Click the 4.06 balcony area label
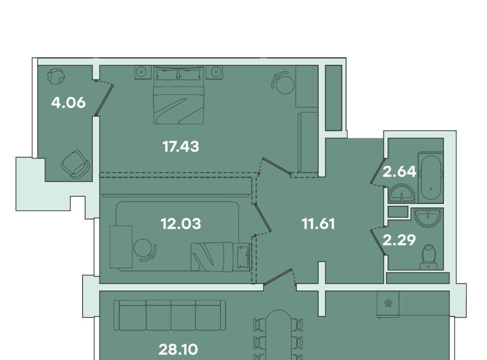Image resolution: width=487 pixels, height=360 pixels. pyautogui.click(x=68, y=103)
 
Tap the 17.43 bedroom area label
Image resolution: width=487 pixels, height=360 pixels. pyautogui.click(x=181, y=147)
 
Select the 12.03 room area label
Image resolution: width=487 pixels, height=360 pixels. pyautogui.click(x=181, y=224)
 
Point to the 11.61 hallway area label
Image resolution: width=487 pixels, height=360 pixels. pyautogui.click(x=319, y=224)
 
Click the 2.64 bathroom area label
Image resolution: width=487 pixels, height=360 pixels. pyautogui.click(x=399, y=171)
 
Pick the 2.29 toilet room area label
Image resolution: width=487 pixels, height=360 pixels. pyautogui.click(x=399, y=240)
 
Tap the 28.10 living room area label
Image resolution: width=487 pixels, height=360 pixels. pyautogui.click(x=178, y=350)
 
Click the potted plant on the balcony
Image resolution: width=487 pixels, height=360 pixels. pyautogui.click(x=56, y=76)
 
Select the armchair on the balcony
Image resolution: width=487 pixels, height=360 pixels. pyautogui.click(x=76, y=164)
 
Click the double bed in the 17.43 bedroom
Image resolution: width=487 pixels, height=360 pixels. pyautogui.click(x=179, y=95)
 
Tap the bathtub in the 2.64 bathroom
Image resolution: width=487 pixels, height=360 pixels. pyautogui.click(x=431, y=177)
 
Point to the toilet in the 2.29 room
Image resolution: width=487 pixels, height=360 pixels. pyautogui.click(x=429, y=257)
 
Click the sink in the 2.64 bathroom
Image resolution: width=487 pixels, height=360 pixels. pyautogui.click(x=402, y=194)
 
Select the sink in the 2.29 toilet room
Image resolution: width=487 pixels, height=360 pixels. pyautogui.click(x=429, y=218)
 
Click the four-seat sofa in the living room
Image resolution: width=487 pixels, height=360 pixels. pyautogui.click(x=169, y=315)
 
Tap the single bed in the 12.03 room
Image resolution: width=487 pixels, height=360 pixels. pyautogui.click(x=221, y=257)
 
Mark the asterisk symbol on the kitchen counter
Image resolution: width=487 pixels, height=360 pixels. pyautogui.click(x=388, y=303)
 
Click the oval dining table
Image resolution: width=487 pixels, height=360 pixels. pyautogui.click(x=279, y=335)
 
